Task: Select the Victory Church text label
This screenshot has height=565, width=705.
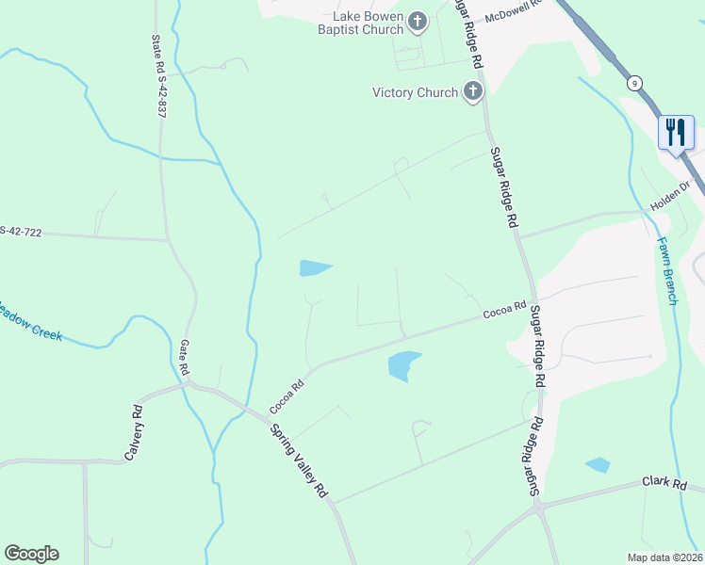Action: point(416,92)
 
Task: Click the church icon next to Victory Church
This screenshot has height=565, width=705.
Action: point(472,91)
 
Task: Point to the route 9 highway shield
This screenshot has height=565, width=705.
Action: point(636,83)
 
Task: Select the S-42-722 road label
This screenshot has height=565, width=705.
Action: point(19,231)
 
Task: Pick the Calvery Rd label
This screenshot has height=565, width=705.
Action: point(133,432)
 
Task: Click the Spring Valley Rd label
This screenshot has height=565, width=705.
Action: point(298,460)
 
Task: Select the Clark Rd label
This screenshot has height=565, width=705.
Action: point(664,482)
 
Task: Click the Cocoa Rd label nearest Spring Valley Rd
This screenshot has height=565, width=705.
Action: point(287,396)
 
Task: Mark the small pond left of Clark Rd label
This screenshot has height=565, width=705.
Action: point(598,464)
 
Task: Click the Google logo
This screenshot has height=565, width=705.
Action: point(31,554)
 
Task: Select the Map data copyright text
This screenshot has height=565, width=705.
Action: point(665,557)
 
